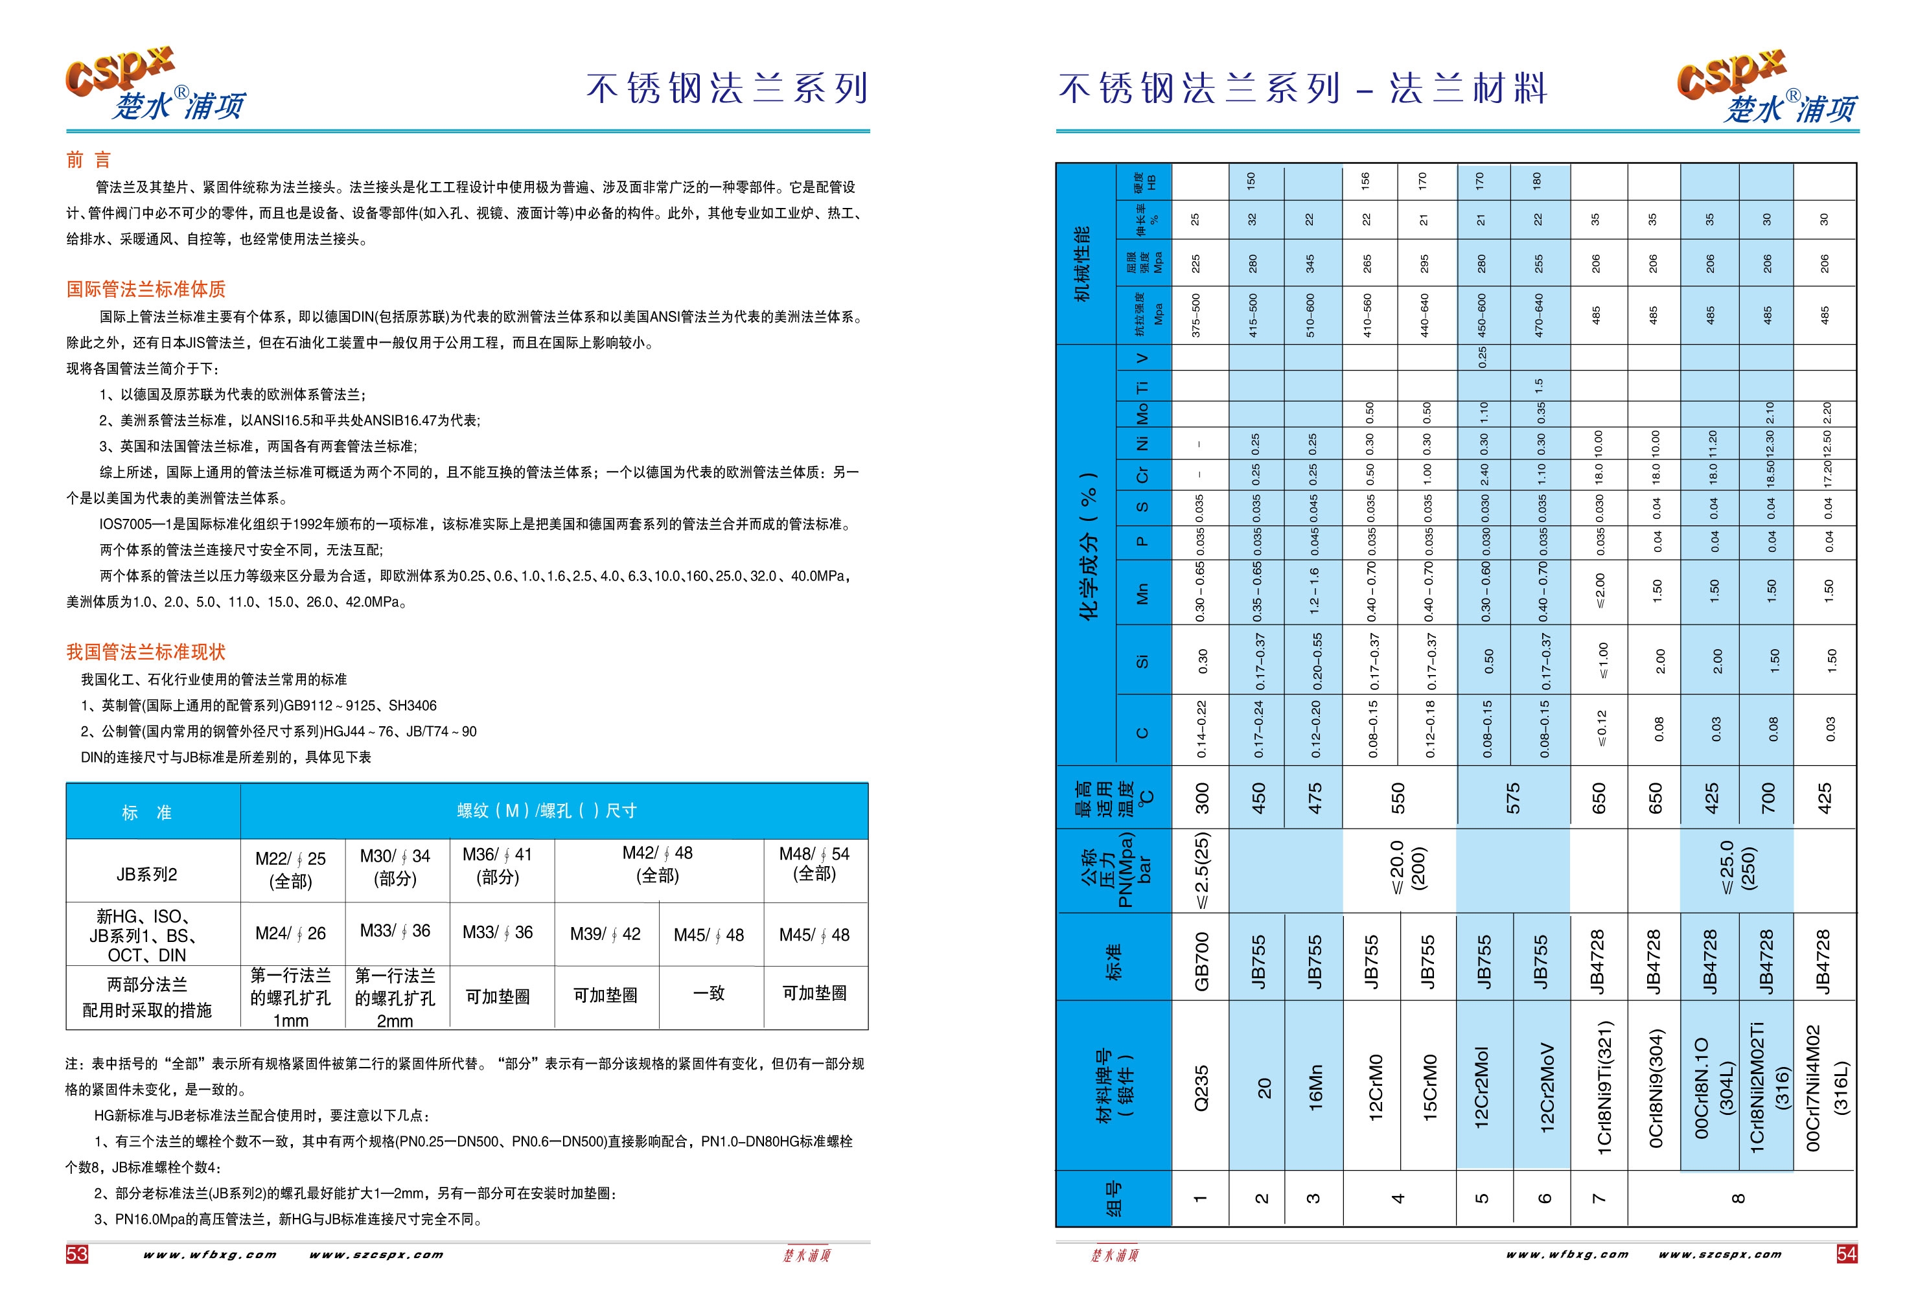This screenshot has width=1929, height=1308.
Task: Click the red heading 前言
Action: (x=88, y=160)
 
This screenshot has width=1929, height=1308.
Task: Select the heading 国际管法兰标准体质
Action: (x=146, y=290)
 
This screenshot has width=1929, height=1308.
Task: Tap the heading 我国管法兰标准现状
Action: (x=146, y=652)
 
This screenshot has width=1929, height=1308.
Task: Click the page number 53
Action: (x=76, y=1253)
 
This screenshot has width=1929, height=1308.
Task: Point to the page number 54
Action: (x=1847, y=1253)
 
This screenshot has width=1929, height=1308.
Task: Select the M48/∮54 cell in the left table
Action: (x=814, y=864)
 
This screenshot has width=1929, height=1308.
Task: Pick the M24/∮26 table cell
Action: (x=290, y=934)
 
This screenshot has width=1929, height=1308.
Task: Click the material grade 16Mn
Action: (x=1315, y=1087)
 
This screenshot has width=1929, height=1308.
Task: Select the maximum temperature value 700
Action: (x=1767, y=798)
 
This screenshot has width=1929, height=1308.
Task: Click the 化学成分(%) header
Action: (x=1088, y=546)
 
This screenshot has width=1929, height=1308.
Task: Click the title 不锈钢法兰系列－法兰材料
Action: (x=1302, y=89)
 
